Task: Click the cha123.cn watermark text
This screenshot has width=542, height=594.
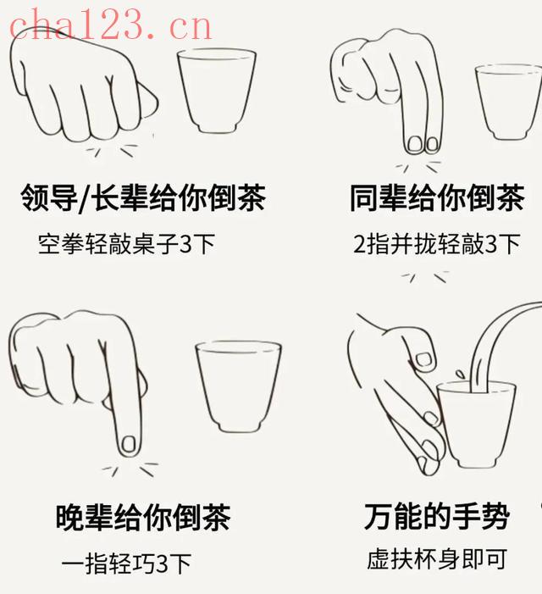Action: (110, 25)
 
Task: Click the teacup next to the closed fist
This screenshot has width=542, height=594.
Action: (217, 91)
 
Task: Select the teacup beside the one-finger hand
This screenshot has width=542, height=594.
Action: (239, 386)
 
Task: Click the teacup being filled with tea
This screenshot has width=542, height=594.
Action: (477, 425)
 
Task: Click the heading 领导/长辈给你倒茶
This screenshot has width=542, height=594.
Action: (143, 197)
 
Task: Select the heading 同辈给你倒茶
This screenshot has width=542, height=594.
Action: (437, 197)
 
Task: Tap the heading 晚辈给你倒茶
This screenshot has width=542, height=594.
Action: (143, 517)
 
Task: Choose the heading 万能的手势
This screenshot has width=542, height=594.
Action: (437, 516)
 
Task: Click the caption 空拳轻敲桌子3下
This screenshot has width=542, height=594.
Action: (127, 243)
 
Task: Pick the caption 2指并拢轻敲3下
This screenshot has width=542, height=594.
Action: (437, 243)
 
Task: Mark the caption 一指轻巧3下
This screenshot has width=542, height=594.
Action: (127, 563)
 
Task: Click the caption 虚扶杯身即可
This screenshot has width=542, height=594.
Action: (437, 558)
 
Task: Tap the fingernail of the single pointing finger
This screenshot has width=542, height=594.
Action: (129, 444)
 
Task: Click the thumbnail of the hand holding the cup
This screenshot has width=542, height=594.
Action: (423, 359)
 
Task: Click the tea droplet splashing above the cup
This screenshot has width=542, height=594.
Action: (460, 375)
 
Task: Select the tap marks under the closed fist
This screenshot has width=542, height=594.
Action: (113, 150)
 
